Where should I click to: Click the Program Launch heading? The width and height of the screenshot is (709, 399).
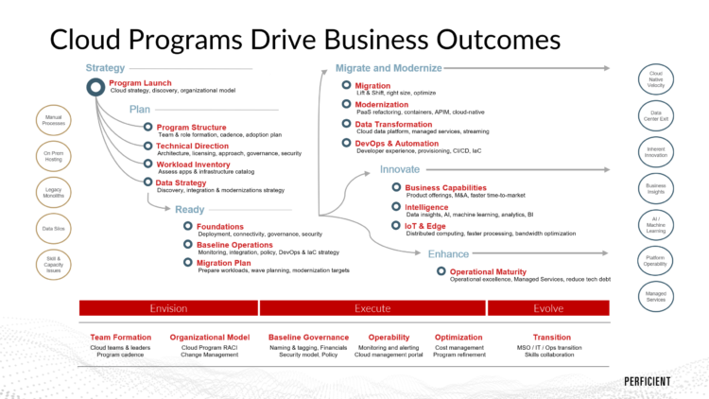(x=140, y=83)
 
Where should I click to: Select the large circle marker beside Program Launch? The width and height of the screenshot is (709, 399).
(x=95, y=87)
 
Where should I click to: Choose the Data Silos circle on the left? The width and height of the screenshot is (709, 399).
(x=53, y=228)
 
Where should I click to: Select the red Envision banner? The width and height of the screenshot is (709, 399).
(x=168, y=308)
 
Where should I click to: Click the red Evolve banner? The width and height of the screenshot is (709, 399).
(x=548, y=308)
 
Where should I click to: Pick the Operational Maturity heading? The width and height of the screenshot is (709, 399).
(x=488, y=272)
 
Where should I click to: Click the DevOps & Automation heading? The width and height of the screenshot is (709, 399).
(x=397, y=143)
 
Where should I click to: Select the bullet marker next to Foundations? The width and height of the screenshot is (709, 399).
(x=187, y=226)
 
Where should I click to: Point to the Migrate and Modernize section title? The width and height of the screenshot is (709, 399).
(x=389, y=68)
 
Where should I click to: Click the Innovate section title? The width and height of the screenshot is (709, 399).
(x=399, y=169)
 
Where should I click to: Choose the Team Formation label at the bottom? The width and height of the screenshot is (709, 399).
(x=120, y=337)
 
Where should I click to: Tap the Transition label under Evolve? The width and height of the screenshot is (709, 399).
(x=551, y=337)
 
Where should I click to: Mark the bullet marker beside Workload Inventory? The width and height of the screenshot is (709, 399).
(x=147, y=164)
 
